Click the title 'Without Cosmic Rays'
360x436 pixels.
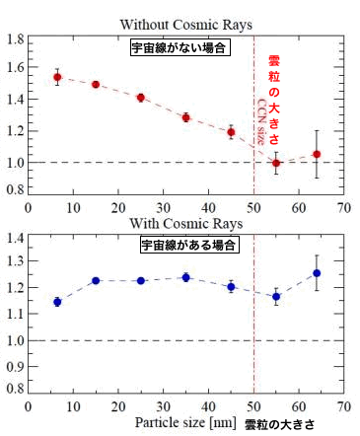coord(185,22)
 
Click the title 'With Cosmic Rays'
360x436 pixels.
coord(185,223)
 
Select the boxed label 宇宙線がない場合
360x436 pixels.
coord(180,47)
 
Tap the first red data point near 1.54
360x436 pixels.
coord(57,77)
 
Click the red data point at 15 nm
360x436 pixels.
coord(96,85)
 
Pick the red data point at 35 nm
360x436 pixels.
coord(185,117)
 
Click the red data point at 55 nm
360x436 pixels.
coord(276,163)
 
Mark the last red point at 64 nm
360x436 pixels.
coord(317,154)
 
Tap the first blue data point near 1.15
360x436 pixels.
coord(57,302)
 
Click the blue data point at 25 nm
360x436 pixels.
coord(141,280)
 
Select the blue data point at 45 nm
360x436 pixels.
coord(231,287)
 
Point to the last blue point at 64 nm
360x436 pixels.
coord(317,272)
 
